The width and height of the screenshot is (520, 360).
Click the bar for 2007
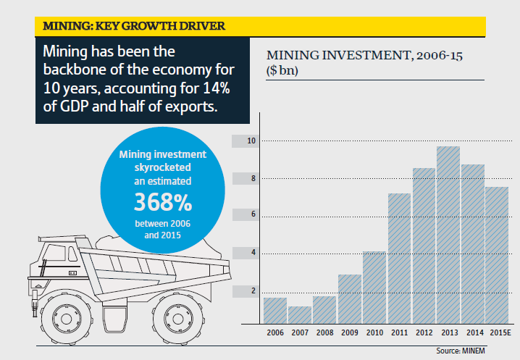pyautogui.click(x=299, y=315)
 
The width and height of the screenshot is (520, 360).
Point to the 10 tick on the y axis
pyautogui.click(x=251, y=141)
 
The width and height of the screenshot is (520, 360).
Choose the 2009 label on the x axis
pyautogui.click(x=349, y=333)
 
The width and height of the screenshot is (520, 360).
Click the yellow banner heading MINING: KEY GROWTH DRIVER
pyautogui.click(x=133, y=26)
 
